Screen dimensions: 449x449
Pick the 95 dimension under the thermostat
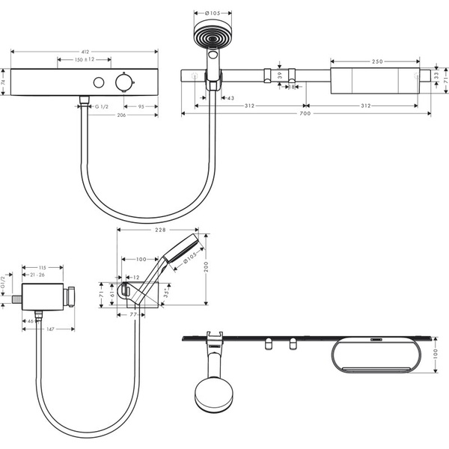[x=141, y=107]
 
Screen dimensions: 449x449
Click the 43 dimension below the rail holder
[x=229, y=99]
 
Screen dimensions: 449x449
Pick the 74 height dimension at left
[x=4, y=82]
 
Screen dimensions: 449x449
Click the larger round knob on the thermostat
[x=123, y=82]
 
